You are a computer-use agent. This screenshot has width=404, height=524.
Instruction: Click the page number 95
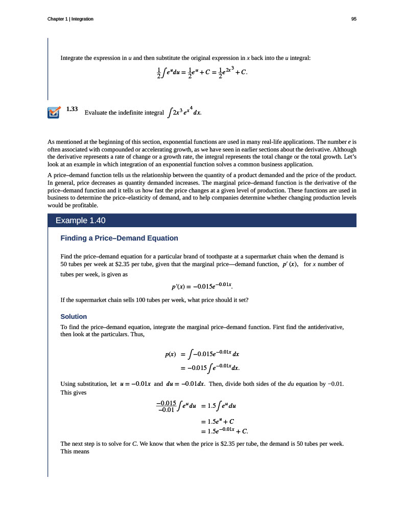pos(353,19)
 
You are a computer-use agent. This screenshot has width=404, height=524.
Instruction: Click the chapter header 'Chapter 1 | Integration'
pos(70,19)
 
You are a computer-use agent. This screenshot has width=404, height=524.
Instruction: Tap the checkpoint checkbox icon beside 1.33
pos(53,112)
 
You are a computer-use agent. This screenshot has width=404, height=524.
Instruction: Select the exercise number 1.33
pos(72,109)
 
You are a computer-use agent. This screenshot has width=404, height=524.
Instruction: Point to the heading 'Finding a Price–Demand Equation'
pos(119,238)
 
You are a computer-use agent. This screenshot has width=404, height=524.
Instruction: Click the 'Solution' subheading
pos(74,316)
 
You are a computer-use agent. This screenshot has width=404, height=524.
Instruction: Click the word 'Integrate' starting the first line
pos(72,58)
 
